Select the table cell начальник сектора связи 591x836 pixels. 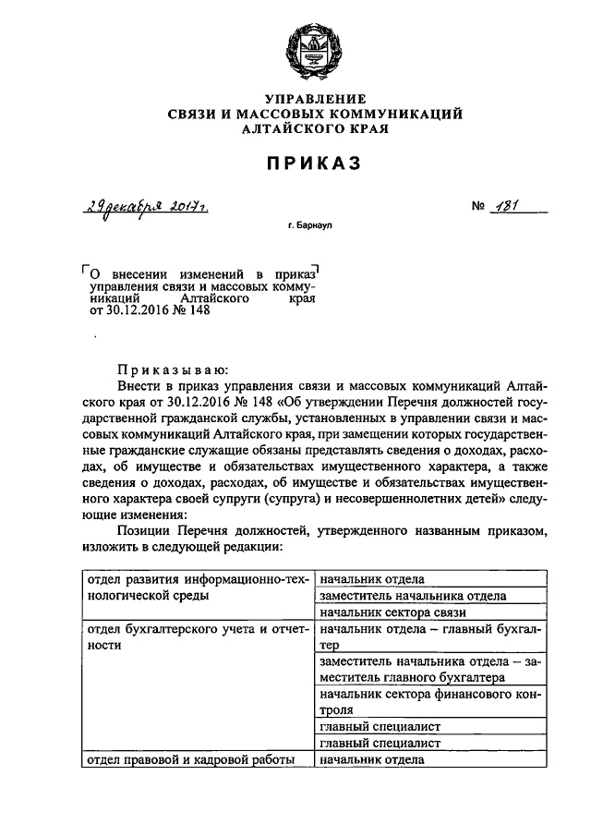pos(395,612)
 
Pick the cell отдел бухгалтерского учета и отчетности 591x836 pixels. pos(196,637)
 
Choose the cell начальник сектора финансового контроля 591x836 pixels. pos(429,702)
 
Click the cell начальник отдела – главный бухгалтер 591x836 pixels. pos(429,636)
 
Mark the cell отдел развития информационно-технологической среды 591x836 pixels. pos(196,588)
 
